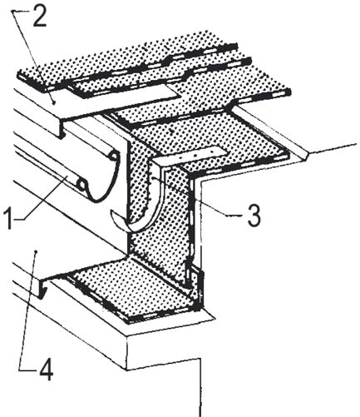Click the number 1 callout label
(9, 219)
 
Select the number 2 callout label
(40, 17)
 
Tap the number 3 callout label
(254, 216)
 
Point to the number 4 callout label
(46, 370)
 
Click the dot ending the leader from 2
(55, 102)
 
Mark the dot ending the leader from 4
(36, 251)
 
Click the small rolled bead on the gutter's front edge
(81, 185)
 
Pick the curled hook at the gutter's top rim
(114, 156)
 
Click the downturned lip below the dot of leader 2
(62, 128)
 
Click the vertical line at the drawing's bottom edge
(200, 388)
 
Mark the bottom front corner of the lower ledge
(127, 370)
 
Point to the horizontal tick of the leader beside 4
(27, 370)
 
